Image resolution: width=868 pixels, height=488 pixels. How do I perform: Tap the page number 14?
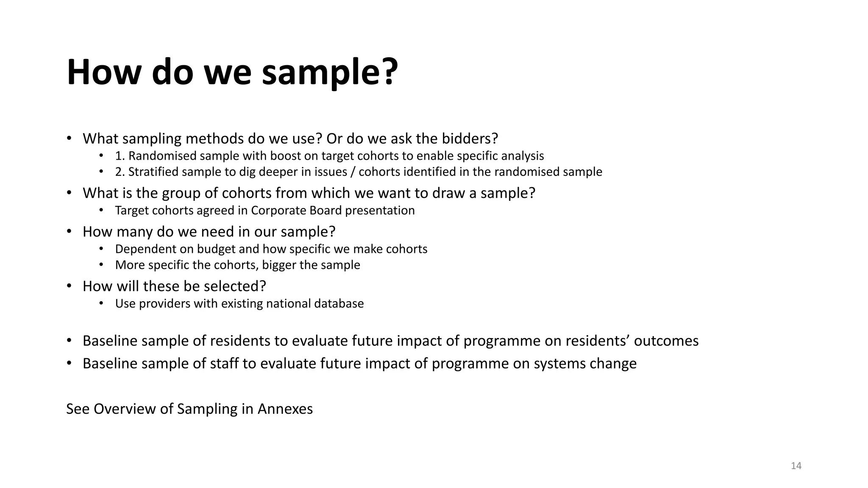click(x=796, y=466)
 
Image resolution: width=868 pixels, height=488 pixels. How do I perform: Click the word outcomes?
click(x=666, y=341)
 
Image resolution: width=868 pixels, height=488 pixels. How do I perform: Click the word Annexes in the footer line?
click(x=285, y=409)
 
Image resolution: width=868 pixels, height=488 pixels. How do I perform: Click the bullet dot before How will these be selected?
click(x=69, y=286)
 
